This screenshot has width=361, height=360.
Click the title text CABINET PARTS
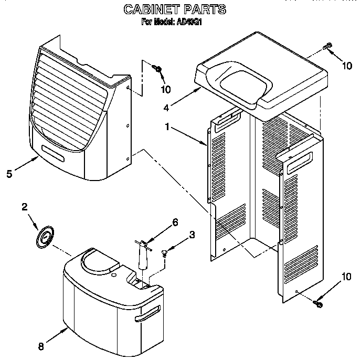coord(175,9)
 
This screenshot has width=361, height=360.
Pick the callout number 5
coord(9,174)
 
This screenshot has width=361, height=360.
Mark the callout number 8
coord(42,346)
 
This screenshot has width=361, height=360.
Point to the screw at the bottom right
coord(318,303)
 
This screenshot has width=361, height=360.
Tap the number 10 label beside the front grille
coord(165,89)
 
